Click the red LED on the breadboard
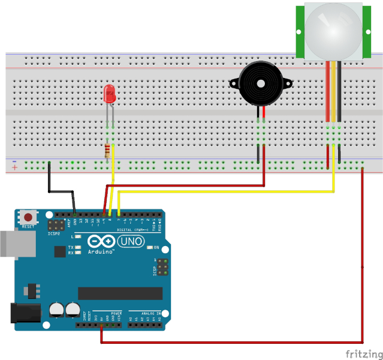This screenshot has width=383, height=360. tap(110, 94)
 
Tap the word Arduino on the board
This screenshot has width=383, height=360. tap(102, 252)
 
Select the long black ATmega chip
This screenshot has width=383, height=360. tap(120, 293)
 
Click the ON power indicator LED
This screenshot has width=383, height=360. tap(149, 247)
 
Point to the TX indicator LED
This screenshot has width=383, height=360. tap(78, 247)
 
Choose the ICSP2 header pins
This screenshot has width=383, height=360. tap(56, 226)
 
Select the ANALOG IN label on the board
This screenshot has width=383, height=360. tap(150, 313)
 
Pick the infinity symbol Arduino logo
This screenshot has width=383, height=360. tap(101, 241)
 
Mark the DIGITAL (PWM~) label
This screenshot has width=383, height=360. tap(133, 230)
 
